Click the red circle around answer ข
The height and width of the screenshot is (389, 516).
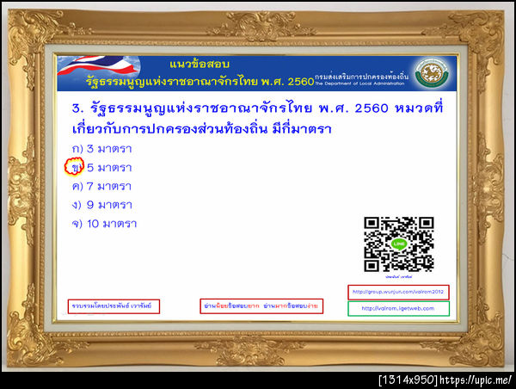[x=77, y=167]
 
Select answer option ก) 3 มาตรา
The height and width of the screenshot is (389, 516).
[x=101, y=149]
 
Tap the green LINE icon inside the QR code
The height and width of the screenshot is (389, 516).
[x=398, y=244]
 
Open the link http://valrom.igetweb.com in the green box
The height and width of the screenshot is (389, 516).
[x=398, y=308]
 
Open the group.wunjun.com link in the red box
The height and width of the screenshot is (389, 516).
[x=398, y=291]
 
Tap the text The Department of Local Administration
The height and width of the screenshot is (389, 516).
[x=361, y=83]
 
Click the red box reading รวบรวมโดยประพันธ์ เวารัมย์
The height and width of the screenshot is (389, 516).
[x=114, y=306]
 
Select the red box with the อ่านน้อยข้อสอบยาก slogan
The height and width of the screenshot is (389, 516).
[x=248, y=306]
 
